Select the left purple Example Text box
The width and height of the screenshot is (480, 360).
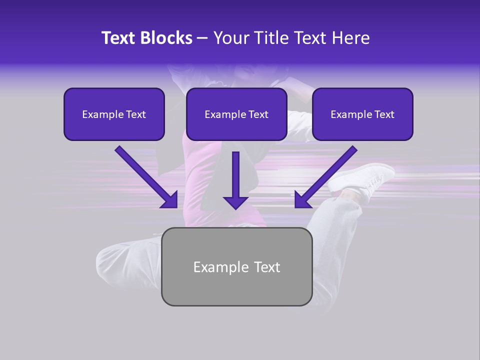pos(114,114)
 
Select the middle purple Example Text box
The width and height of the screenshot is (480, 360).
pos(236,114)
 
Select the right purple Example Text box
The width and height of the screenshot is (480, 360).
pos(362,114)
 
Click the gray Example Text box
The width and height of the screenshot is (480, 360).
pos(236,266)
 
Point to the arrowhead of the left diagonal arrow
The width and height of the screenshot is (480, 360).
pos(170,200)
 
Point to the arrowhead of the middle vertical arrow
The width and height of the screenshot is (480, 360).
pos(235,202)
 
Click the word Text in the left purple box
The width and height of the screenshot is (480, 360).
pos(136,114)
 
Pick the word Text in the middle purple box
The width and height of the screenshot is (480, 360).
pos(258,114)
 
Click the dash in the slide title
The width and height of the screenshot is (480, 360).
pos(202,38)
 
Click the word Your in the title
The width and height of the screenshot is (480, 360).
pos(228,38)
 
